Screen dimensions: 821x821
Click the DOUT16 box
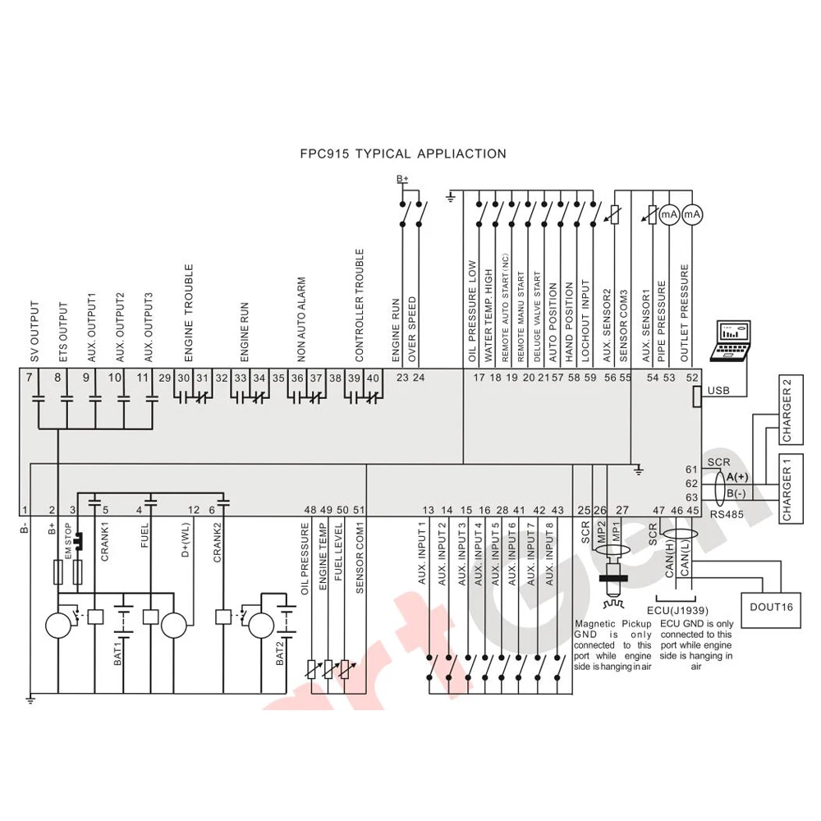pyautogui.click(x=771, y=609)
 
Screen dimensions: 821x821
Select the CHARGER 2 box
pyautogui.click(x=791, y=409)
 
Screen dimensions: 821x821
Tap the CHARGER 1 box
pyautogui.click(x=791, y=488)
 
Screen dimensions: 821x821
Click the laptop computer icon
pyautogui.click(x=730, y=341)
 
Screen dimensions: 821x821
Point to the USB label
pyautogui.click(x=718, y=391)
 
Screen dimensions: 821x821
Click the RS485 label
pyautogui.click(x=727, y=515)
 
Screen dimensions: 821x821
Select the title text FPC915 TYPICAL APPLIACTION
pyautogui.click(x=403, y=154)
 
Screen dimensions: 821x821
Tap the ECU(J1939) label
pyautogui.click(x=677, y=611)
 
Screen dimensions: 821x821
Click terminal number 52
pyautogui.click(x=692, y=378)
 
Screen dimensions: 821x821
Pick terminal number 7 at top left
pyautogui.click(x=29, y=378)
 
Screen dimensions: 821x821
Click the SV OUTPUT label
pyautogui.click(x=34, y=332)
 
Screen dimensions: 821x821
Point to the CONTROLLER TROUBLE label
pyautogui.click(x=360, y=305)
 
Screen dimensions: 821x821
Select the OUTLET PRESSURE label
pyautogui.click(x=685, y=313)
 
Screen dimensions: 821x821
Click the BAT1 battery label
pyautogui.click(x=117, y=655)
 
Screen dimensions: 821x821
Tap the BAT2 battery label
pyautogui.click(x=280, y=654)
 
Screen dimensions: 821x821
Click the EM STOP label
pyautogui.click(x=67, y=540)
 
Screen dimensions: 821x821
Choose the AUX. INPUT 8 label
pyautogui.click(x=549, y=554)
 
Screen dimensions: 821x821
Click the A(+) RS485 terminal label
pyautogui.click(x=737, y=477)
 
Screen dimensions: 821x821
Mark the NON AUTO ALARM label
pyautogui.click(x=301, y=319)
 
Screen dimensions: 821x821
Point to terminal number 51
pyautogui.click(x=359, y=510)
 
